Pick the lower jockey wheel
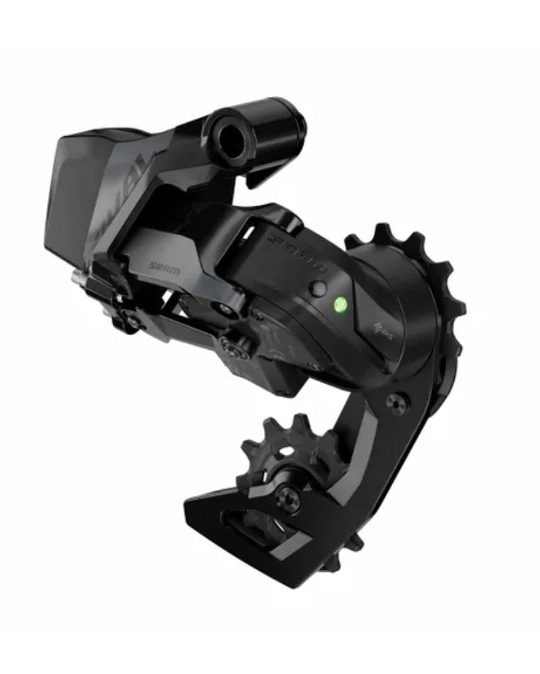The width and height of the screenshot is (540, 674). [x=283, y=452]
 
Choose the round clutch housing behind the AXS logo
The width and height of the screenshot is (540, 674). [x=391, y=270]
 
